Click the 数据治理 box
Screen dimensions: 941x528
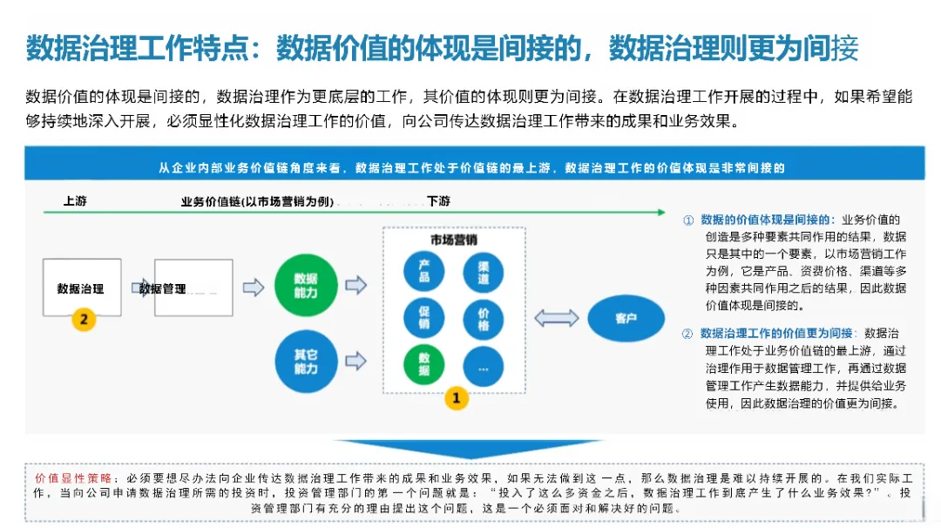[x=82, y=288]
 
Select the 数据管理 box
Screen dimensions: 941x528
[x=193, y=288]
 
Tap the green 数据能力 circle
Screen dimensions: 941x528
[x=306, y=286]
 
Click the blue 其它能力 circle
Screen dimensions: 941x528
[x=306, y=361]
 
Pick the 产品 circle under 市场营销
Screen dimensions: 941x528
[x=424, y=271]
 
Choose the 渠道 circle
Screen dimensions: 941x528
[x=484, y=272]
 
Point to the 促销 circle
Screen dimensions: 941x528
[x=424, y=317]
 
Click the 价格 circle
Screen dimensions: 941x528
[x=484, y=318]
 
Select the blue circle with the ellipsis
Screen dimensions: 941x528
[x=484, y=367]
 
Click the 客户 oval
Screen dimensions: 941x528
[x=626, y=318]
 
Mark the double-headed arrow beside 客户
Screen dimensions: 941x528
[x=556, y=318]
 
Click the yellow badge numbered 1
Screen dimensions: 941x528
[x=457, y=398]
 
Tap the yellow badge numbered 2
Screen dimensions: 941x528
[x=84, y=319]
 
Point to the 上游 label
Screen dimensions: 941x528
[x=75, y=201]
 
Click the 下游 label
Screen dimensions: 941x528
[x=439, y=201]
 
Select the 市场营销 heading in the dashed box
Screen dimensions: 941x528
[x=453, y=240]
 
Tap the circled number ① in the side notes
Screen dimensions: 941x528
[x=688, y=220]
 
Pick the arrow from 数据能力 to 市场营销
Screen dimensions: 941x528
[x=355, y=286]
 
